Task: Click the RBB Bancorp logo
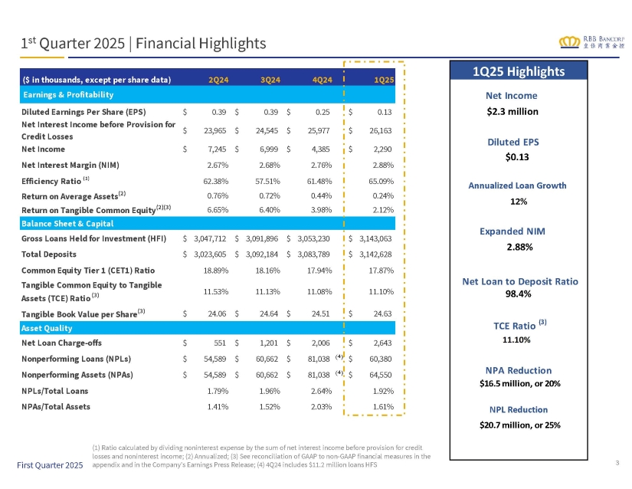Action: [591, 42]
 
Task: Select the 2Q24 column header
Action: [218, 80]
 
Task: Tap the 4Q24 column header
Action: [323, 80]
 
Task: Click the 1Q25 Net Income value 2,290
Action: [382, 149]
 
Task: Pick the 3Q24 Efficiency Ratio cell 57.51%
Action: [267, 182]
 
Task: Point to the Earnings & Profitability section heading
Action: [68, 95]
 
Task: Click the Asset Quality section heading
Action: [47, 328]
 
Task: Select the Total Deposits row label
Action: [49, 254]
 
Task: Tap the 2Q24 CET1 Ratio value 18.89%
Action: [215, 271]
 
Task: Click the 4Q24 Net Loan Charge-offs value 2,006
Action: [320, 343]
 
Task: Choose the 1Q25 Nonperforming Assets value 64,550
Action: [381, 375]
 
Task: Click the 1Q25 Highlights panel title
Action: [519, 71]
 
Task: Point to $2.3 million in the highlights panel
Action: [512, 112]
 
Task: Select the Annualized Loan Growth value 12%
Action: [519, 202]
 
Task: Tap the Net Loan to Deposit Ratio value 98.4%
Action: [519, 294]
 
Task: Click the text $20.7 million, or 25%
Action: [520, 425]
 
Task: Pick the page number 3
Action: [617, 463]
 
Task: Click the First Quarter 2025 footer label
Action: [50, 465]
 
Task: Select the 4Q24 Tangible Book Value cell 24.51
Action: [321, 313]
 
